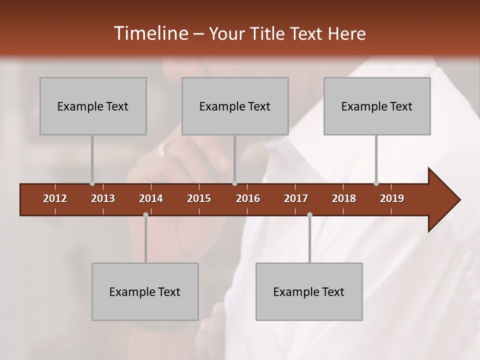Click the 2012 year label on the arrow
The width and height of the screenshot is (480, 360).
[55, 198]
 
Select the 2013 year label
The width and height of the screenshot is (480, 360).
[103, 198]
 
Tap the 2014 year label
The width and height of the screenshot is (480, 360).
[151, 198]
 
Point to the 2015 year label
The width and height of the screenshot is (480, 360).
[199, 198]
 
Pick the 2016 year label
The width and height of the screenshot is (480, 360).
[248, 198]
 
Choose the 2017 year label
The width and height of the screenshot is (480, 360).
[296, 198]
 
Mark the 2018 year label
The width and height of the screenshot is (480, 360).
[344, 198]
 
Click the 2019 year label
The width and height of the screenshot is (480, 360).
[392, 198]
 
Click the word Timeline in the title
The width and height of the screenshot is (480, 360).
[150, 33]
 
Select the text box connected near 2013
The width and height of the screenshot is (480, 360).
[93, 106]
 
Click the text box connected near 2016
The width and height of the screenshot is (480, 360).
[235, 106]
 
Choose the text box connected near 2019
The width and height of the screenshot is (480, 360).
[377, 106]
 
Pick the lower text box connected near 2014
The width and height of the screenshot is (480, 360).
[145, 291]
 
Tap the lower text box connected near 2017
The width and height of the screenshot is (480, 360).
[309, 291]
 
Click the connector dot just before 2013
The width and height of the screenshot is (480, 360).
[92, 183]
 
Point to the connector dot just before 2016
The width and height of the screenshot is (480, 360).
[235, 183]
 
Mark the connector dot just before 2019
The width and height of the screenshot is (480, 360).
[376, 183]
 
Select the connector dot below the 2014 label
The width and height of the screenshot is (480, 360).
[145, 214]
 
